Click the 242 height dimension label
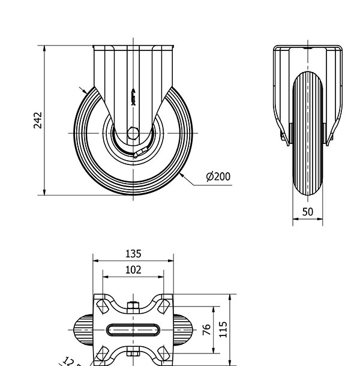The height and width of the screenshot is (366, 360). click(37, 119)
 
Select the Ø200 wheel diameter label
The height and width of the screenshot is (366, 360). click(218, 176)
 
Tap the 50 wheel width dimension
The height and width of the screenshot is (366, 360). click(308, 212)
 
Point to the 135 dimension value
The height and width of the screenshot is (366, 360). click(133, 253)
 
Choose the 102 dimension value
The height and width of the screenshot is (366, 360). click(133, 270)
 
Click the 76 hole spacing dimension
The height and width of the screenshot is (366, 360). click(206, 330)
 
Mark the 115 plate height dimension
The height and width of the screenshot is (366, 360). click(223, 329)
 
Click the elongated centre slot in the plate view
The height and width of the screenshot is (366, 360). click(133, 330)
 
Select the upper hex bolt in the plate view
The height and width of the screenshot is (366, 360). click(133, 307)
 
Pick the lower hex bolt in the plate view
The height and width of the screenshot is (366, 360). click(133, 353)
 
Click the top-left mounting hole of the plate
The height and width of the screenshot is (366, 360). click(103, 306)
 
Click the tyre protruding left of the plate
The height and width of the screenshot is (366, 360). click(83, 330)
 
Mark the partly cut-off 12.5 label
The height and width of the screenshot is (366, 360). click(71, 361)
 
